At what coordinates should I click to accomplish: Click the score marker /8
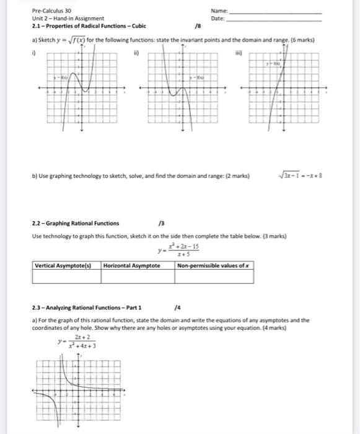198,27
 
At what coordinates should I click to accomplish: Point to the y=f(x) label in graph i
61,77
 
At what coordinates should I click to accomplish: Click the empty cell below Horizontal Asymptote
136,277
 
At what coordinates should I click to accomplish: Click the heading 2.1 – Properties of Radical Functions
88,27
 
